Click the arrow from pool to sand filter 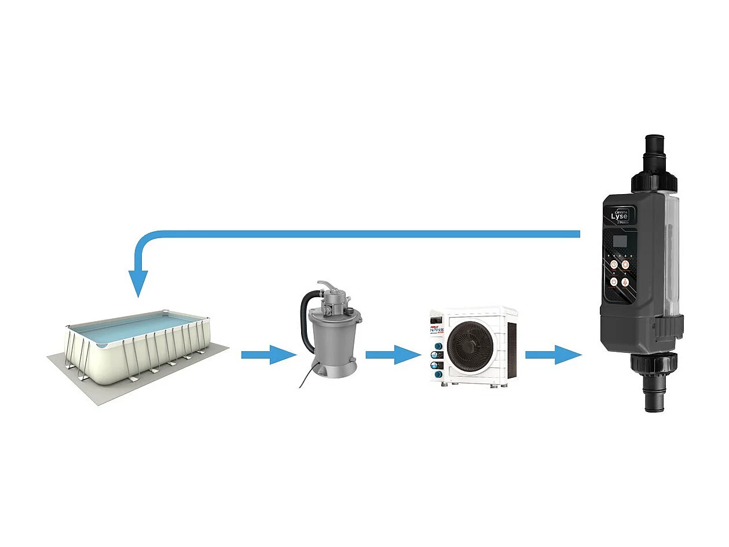tap(268, 354)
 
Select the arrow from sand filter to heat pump tap(393, 354)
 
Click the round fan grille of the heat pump tap(470, 347)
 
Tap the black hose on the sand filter tap(305, 318)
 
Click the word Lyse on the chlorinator tap(619, 216)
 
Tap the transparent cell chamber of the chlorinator tap(666, 255)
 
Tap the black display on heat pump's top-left tap(437, 319)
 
